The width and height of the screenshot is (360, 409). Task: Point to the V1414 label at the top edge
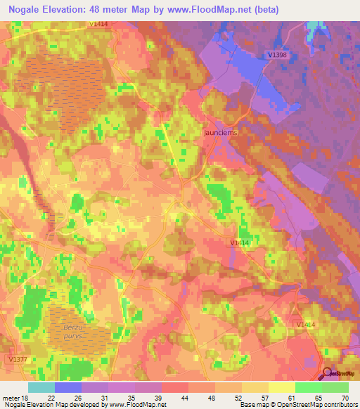(x=98, y=24)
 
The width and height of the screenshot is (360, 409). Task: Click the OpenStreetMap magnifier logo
(x=328, y=374)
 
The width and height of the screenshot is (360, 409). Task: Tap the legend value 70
(x=345, y=397)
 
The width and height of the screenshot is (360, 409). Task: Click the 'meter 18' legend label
(x=15, y=397)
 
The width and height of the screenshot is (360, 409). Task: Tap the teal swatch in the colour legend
(x=41, y=387)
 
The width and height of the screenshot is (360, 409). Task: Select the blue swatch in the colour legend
(x=67, y=387)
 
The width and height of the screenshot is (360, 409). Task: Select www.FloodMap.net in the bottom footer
(x=138, y=405)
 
